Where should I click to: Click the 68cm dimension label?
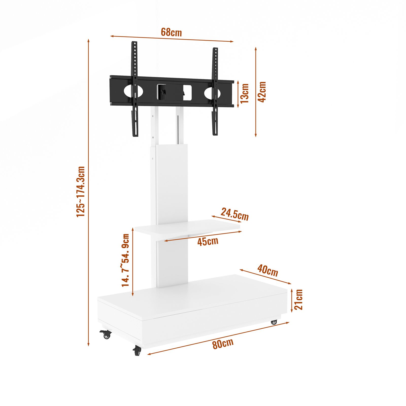coord(171,32)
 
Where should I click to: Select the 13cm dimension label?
coord(245,93)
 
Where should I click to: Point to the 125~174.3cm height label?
coord(81,192)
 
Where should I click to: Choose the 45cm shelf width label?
coord(208,241)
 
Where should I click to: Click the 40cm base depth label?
coord(268,270)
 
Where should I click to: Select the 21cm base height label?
coord(299,299)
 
